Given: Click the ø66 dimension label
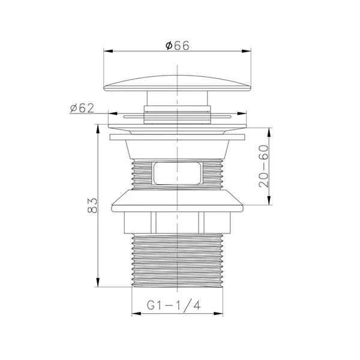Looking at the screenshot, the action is (177, 45).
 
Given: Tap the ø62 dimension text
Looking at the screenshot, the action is (82, 108).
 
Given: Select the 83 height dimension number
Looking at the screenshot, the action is (92, 205).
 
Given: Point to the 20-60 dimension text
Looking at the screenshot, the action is (263, 166).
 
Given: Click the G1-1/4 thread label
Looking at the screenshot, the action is (173, 305).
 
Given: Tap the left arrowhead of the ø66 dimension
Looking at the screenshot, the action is (108, 51).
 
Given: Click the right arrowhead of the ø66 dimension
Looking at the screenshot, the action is (247, 51).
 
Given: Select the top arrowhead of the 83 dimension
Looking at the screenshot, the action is (98, 129).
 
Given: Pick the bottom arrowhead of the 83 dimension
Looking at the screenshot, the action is (98, 283).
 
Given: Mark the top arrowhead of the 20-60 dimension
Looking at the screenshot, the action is (269, 132).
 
